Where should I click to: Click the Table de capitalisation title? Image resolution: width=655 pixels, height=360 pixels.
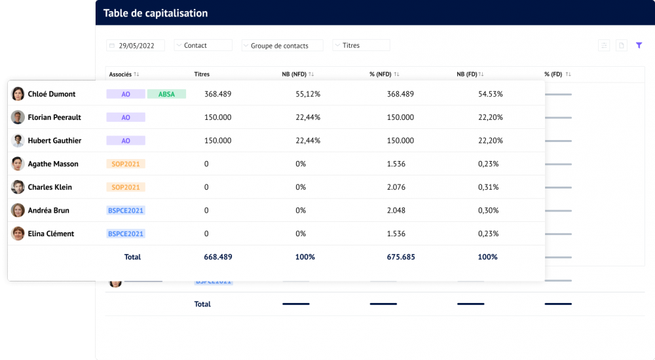tap(155, 13)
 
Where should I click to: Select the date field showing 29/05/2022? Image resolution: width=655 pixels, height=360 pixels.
tap(136, 45)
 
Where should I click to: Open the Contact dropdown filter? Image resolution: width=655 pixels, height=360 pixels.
tap(202, 45)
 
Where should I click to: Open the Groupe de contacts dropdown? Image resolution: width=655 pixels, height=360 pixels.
tap(282, 45)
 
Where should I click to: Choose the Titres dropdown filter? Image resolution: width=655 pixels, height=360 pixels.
tap(361, 45)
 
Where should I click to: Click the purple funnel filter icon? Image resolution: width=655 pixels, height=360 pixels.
tap(639, 45)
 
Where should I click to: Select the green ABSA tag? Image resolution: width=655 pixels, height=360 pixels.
tap(166, 94)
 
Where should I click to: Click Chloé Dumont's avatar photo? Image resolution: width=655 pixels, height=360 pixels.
tap(18, 94)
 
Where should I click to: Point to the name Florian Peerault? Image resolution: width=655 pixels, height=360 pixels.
tap(54, 118)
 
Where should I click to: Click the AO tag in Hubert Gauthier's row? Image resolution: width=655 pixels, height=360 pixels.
tap(126, 141)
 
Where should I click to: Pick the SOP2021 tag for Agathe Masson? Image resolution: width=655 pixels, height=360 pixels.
tap(126, 164)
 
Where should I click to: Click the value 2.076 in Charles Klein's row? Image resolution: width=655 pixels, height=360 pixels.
tap(396, 187)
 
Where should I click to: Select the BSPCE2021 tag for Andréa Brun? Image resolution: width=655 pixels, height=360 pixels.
tap(126, 211)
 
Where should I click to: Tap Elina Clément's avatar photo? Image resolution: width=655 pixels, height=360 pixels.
tap(18, 234)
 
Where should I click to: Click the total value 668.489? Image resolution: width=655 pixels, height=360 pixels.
tap(218, 257)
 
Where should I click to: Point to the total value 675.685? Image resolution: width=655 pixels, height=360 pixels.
tap(400, 257)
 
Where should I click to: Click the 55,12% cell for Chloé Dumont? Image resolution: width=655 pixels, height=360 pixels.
tap(308, 94)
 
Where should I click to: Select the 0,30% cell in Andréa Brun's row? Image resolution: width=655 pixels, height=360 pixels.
tap(488, 211)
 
